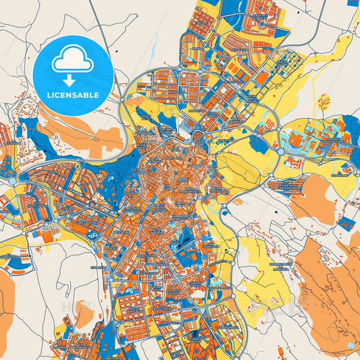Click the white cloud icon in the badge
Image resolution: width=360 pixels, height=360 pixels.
tap(72, 60)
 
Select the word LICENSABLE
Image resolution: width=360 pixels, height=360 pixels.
tap(72, 95)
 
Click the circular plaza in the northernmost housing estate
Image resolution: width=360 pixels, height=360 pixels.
tap(261, 24)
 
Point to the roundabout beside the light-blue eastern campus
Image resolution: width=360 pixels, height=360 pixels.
tap(280, 152)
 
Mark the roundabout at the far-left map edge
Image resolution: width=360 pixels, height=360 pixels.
tap(11, 182)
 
